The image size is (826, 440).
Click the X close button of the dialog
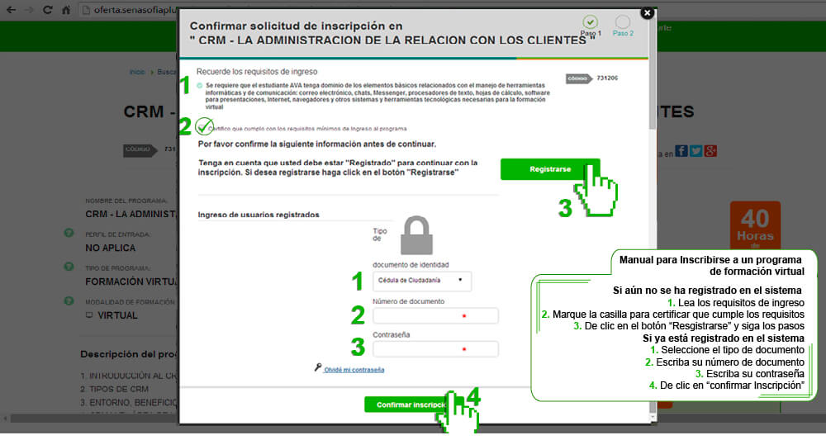tap(647, 12)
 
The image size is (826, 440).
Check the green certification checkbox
tap(203, 127)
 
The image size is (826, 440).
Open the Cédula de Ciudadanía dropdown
tap(422, 281)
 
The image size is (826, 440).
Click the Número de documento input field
tap(435, 315)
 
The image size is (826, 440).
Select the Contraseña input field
tap(435, 349)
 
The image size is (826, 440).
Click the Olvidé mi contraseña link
tap(354, 370)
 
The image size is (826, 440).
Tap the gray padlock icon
tap(417, 236)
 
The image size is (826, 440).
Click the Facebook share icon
tap(681, 150)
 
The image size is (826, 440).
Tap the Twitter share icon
tap(695, 150)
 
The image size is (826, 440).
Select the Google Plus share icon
tap(710, 150)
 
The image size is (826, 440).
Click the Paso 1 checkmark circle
tap(589, 21)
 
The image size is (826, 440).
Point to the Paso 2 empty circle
tap(622, 21)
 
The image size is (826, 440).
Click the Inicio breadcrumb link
tap(137, 72)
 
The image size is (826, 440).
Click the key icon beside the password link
tap(317, 368)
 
